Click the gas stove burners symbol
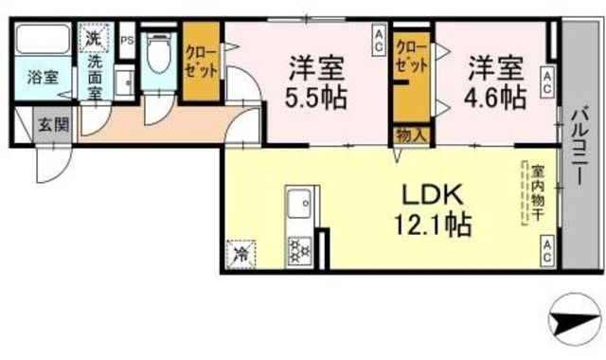(x=302, y=249)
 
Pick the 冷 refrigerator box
(x=241, y=254)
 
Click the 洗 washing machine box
(x=92, y=39)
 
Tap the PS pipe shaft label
(x=126, y=40)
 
